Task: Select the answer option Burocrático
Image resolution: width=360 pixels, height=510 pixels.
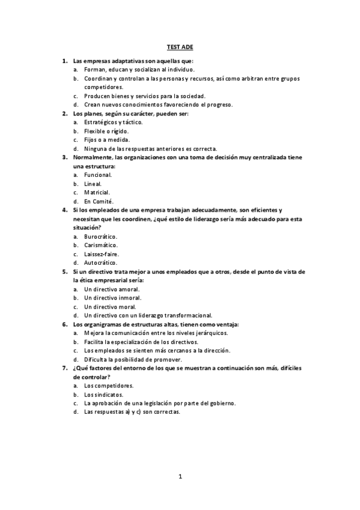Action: [x=100, y=236]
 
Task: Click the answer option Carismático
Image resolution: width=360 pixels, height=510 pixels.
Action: [x=101, y=245]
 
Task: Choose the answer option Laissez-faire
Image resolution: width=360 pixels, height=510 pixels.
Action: [x=102, y=254]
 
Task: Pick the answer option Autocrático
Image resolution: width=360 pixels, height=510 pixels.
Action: [x=100, y=262]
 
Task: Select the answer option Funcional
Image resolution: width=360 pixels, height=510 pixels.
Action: [x=98, y=174]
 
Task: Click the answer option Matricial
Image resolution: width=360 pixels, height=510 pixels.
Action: [x=97, y=192]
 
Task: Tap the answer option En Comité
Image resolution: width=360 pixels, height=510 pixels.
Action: [x=99, y=201]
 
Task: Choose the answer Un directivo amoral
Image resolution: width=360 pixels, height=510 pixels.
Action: [x=112, y=289]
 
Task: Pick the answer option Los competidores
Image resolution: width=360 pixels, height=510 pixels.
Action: [x=109, y=386]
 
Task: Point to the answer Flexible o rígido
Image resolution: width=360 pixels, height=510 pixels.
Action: [x=106, y=131]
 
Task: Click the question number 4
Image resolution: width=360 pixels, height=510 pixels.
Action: [x=65, y=210]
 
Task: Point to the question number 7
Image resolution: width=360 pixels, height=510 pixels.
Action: [x=65, y=367]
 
